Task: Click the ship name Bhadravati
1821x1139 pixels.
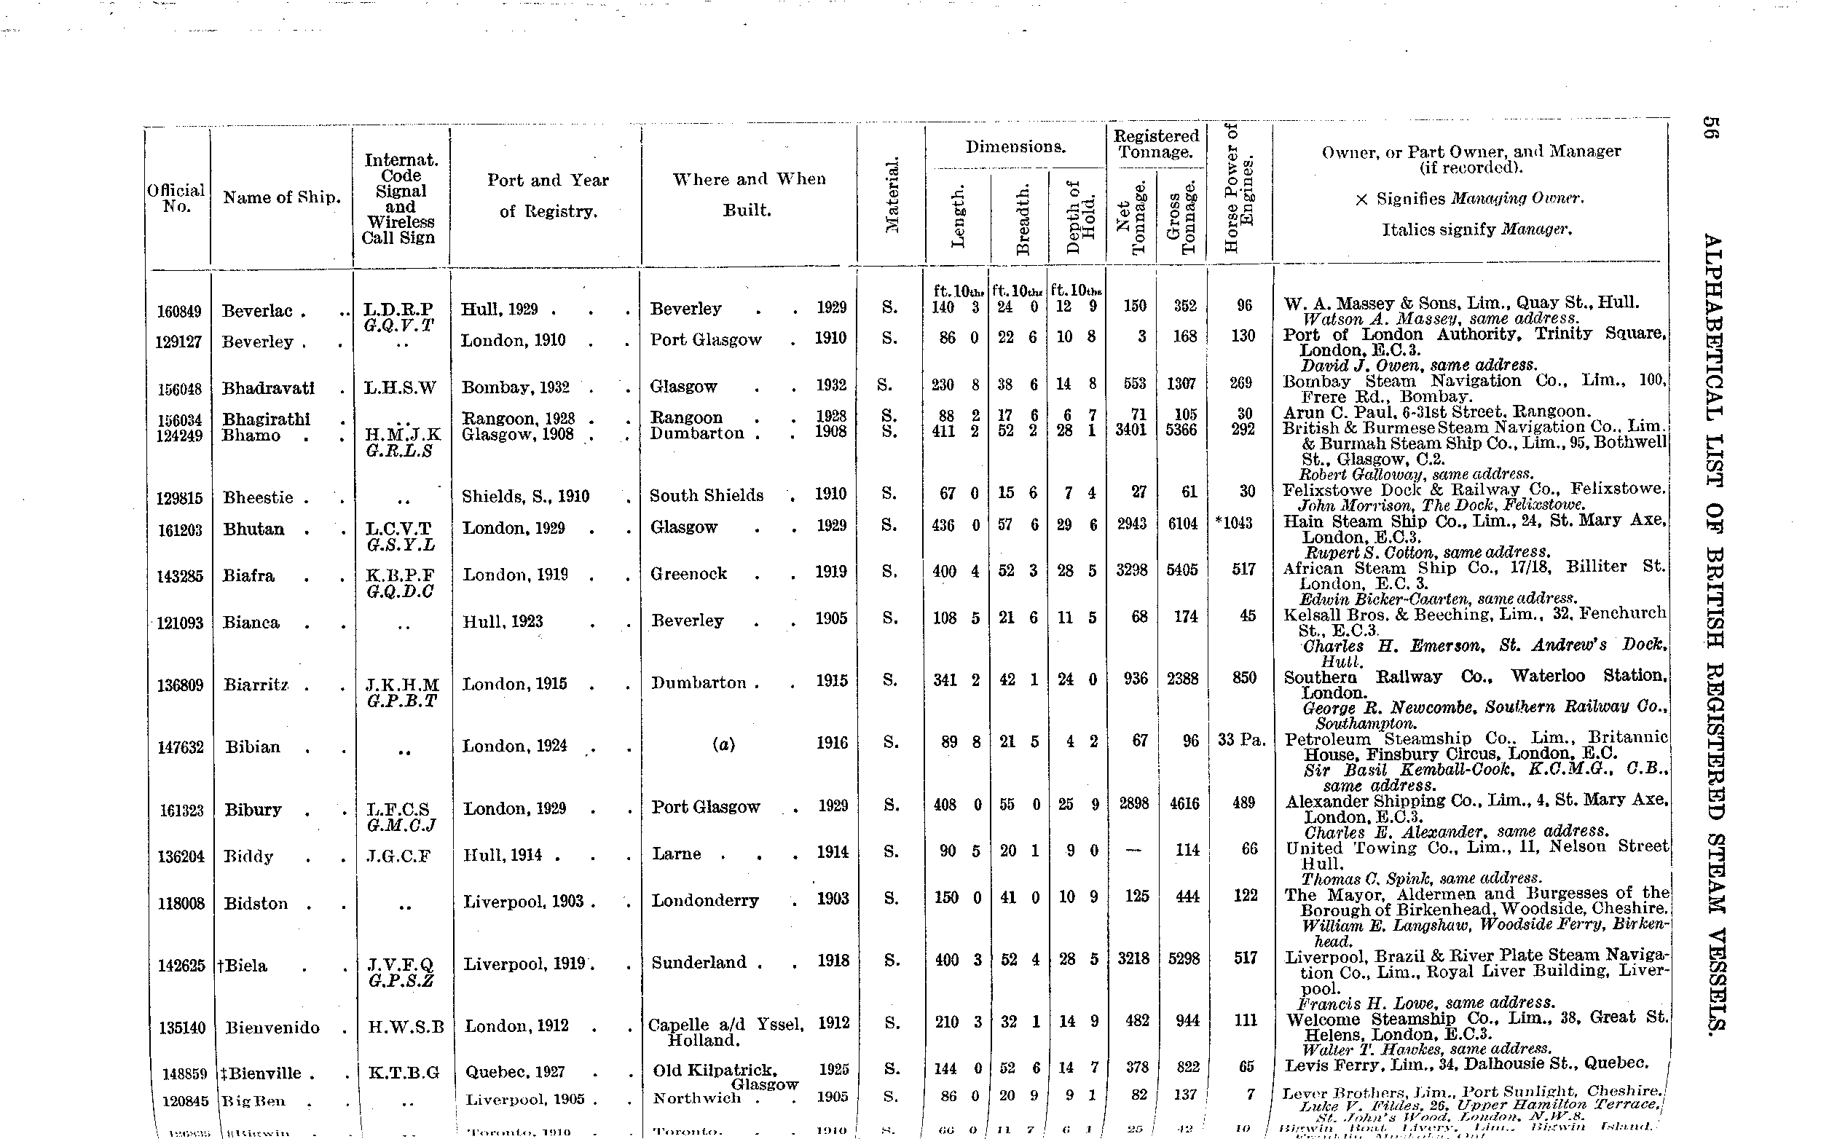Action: point(267,389)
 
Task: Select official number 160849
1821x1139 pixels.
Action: point(178,311)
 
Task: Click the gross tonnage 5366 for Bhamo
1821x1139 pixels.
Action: point(1181,430)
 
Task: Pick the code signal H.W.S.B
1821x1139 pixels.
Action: point(405,1027)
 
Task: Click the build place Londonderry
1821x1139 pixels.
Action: point(704,900)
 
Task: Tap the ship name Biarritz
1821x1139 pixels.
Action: point(256,685)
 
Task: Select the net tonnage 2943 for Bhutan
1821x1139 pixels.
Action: point(1131,524)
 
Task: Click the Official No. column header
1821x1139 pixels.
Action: point(176,198)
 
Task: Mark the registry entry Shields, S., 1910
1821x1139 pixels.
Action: point(525,497)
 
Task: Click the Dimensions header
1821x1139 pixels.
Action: point(1015,147)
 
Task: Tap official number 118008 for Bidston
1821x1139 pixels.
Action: point(181,903)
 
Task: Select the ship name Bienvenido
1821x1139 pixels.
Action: point(272,1028)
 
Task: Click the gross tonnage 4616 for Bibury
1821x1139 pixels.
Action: point(1184,803)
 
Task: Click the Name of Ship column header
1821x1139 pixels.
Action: point(282,198)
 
